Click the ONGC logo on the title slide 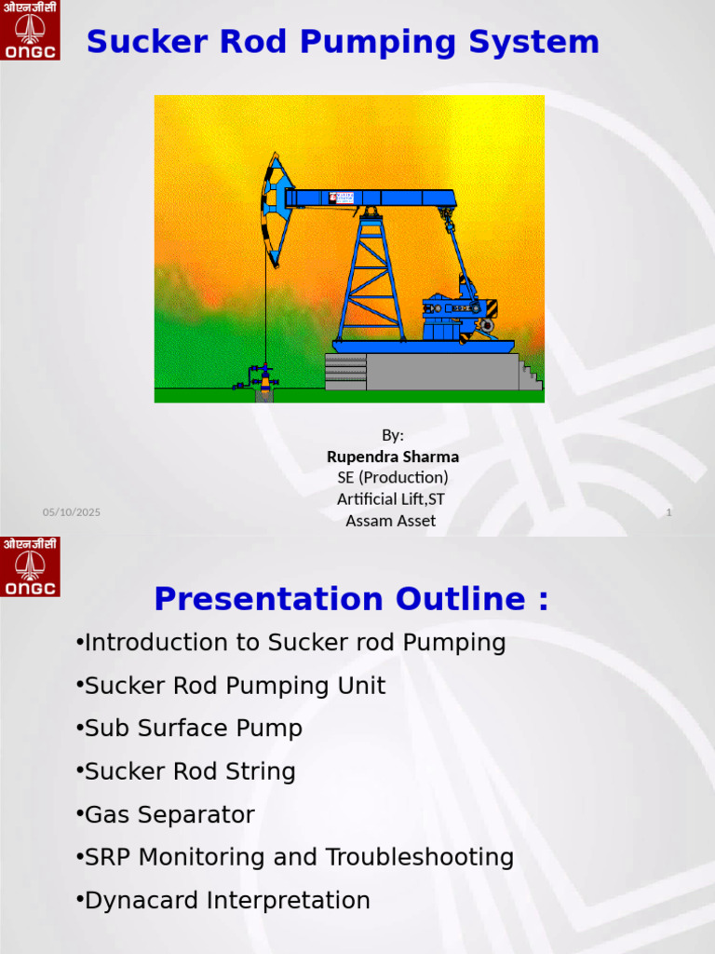pyautogui.click(x=30, y=31)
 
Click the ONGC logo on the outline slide pyautogui.click(x=30, y=566)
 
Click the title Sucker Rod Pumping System pyautogui.click(x=343, y=42)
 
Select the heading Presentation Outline pyautogui.click(x=351, y=599)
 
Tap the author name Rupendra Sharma pyautogui.click(x=392, y=457)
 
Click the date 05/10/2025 pyautogui.click(x=72, y=513)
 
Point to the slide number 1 pyautogui.click(x=668, y=513)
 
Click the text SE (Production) pyautogui.click(x=392, y=478)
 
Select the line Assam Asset pyautogui.click(x=390, y=521)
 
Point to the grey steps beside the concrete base pyautogui.click(x=530, y=375)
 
